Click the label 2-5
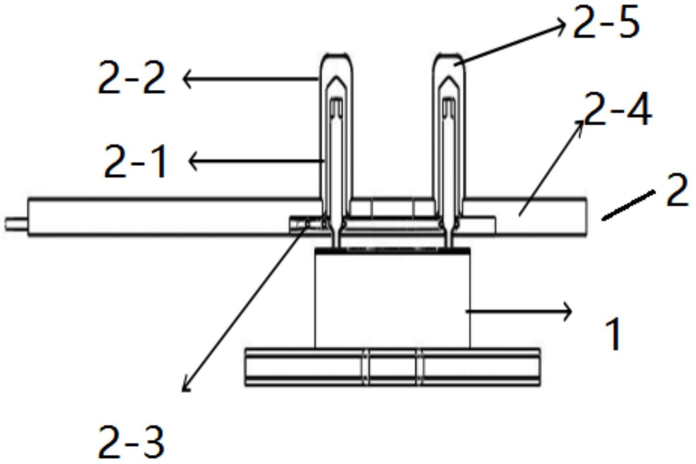606,23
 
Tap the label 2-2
131,77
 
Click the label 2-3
131,442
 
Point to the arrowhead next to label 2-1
193,161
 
